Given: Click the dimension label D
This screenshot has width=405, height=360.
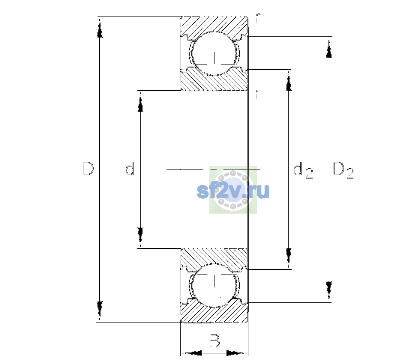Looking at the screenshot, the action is pyautogui.click(x=88, y=169).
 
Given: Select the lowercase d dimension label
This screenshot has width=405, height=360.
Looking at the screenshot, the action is pyautogui.click(x=130, y=169).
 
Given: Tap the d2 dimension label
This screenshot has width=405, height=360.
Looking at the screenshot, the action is pyautogui.click(x=303, y=170).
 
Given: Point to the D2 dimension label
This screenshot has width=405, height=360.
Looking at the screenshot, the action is pyautogui.click(x=343, y=170).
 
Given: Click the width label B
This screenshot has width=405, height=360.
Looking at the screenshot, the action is pyautogui.click(x=214, y=340).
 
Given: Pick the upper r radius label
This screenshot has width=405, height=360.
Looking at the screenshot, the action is pyautogui.click(x=258, y=18).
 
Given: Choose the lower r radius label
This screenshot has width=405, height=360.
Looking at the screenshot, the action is pyautogui.click(x=258, y=94).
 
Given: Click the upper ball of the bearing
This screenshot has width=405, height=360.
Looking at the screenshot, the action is pyautogui.click(x=214, y=53).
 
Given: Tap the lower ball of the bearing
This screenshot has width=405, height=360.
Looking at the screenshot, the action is pyautogui.click(x=214, y=285).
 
